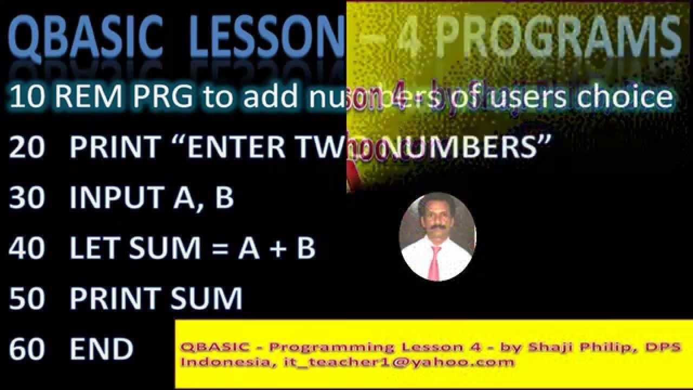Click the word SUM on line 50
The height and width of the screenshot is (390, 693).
[x=206, y=298]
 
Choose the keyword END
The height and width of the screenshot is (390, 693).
[x=101, y=349]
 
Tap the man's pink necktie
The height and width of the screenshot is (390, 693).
[x=434, y=263]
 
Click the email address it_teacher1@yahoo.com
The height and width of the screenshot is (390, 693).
[x=399, y=362]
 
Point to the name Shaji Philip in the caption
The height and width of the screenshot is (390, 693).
[x=585, y=347]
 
